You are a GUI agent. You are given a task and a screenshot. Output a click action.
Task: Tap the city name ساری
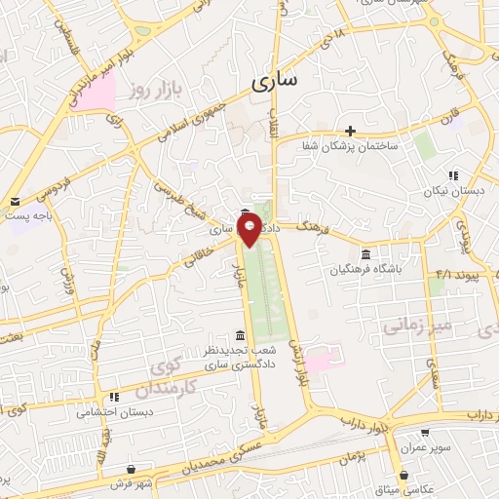(x=278, y=84)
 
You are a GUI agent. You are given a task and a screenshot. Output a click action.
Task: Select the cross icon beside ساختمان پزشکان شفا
(x=350, y=131)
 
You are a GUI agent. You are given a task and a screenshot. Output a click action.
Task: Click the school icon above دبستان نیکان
(x=453, y=176)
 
